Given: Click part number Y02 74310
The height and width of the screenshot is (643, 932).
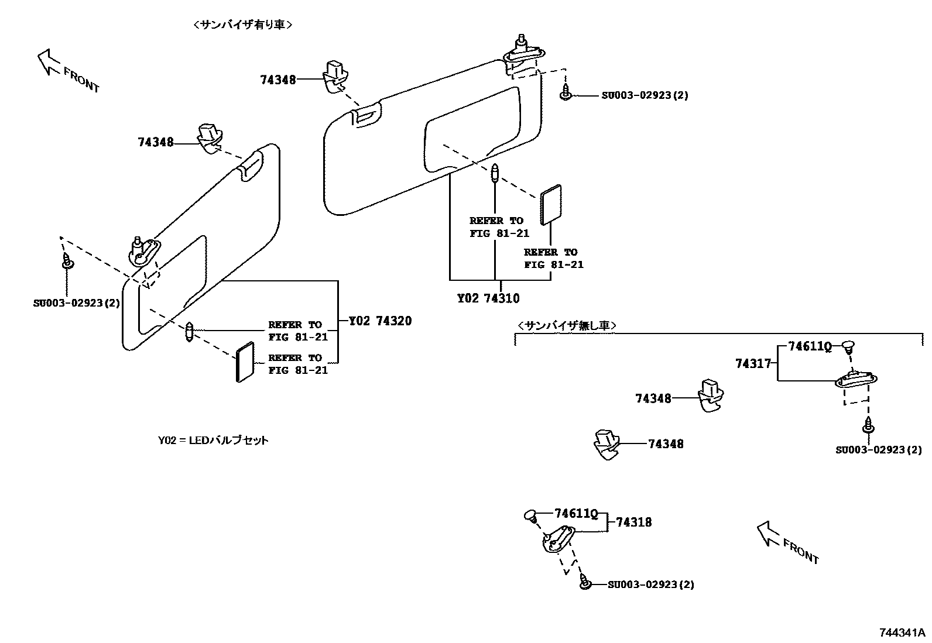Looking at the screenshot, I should [488, 298].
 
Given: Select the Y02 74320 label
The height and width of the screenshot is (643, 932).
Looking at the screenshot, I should [380, 321].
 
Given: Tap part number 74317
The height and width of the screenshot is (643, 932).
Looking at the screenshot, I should [753, 363].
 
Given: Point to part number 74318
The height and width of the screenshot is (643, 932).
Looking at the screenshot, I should [633, 522].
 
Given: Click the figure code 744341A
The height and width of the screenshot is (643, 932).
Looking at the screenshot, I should [902, 632].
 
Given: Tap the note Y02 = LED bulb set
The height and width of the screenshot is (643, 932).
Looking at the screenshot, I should [213, 440].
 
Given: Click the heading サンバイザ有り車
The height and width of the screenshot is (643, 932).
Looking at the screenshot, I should [242, 25].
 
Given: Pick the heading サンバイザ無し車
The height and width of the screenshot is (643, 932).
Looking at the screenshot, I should [567, 326].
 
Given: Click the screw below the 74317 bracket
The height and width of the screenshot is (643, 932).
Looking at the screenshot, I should [868, 427].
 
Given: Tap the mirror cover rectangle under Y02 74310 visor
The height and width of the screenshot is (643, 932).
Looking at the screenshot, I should [551, 205].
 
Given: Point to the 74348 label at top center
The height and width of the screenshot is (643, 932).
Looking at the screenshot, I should [278, 80].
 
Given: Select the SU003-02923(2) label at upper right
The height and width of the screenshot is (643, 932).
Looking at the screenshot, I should [645, 95].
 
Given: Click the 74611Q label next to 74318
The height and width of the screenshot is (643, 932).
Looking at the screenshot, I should [575, 514].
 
